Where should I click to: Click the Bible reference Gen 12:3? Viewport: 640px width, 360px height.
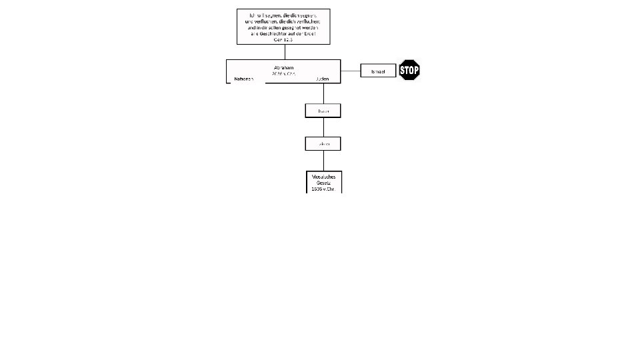point(283,39)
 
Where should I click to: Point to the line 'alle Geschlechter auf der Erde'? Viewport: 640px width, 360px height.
point(283,33)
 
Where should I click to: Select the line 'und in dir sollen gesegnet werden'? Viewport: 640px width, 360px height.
point(283,27)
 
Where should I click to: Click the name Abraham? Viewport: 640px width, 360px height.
point(283,67)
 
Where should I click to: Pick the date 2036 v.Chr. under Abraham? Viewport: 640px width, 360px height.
point(283,73)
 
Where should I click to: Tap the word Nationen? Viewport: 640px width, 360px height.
point(244,79)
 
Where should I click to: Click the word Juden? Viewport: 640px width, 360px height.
point(323,79)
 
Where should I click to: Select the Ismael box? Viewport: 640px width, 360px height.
point(378,71)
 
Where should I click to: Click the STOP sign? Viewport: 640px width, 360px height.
point(409,70)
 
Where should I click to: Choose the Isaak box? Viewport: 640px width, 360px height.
point(323,111)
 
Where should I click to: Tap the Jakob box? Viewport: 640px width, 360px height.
point(323,143)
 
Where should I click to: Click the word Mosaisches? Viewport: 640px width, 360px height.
point(323,177)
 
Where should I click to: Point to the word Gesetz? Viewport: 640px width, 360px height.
point(323,183)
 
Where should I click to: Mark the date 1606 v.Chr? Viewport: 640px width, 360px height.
point(323,189)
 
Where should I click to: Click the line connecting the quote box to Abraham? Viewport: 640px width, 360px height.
point(283,52)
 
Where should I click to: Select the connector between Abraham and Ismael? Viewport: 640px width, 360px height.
point(351,71)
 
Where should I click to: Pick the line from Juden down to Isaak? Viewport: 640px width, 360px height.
point(323,93)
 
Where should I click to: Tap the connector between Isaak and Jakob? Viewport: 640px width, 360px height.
point(323,127)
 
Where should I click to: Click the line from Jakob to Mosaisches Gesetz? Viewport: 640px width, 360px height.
point(323,161)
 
